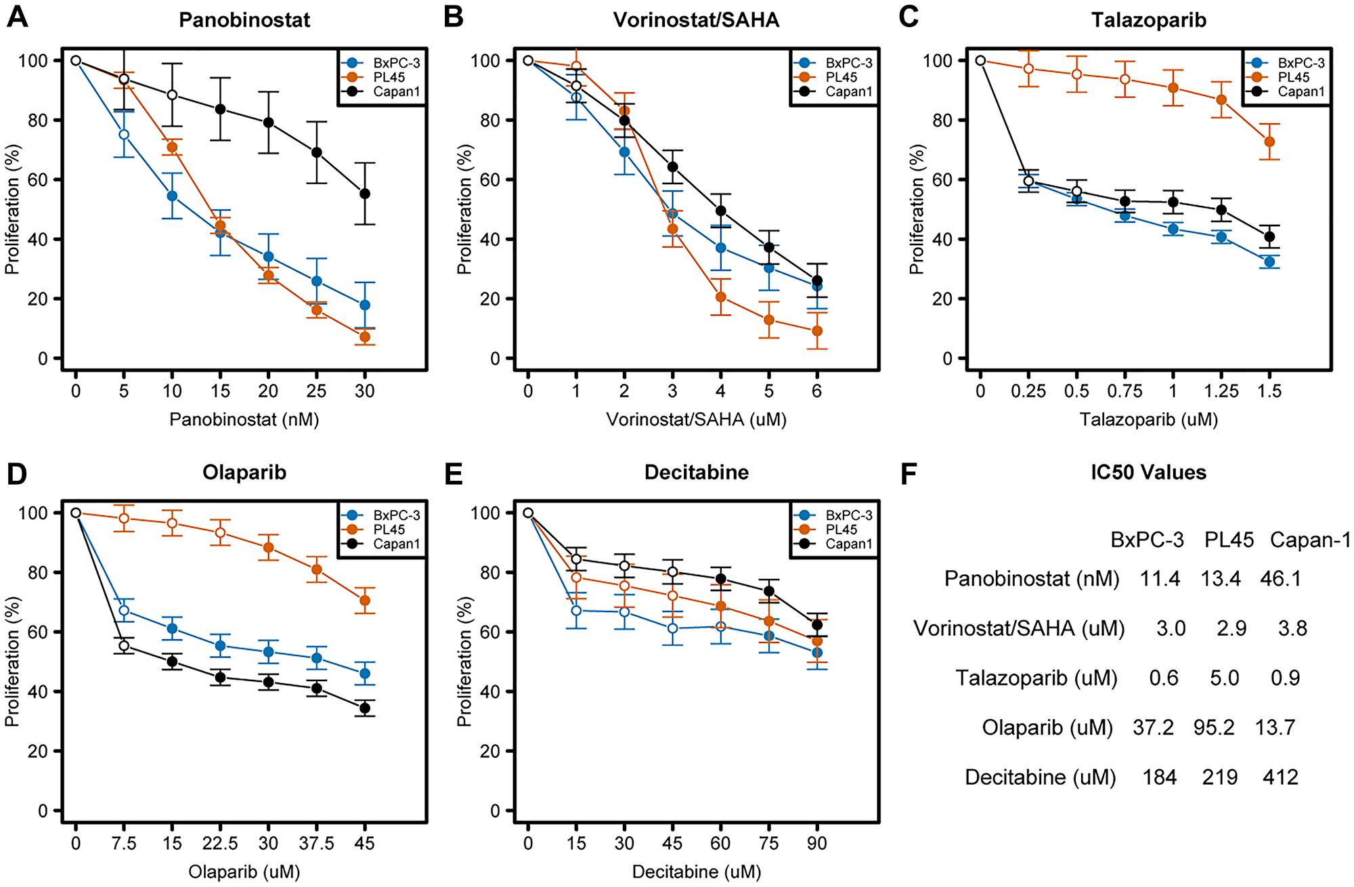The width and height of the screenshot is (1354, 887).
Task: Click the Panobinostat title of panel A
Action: (244, 20)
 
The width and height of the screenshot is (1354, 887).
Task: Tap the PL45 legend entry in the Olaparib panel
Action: (389, 529)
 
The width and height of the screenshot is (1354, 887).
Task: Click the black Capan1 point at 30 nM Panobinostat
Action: (365, 194)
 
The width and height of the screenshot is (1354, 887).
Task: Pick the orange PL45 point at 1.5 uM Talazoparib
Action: (1269, 142)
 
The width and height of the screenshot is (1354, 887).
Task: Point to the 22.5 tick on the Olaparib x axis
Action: (220, 843)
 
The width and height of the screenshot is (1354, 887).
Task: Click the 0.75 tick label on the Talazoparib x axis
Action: (1124, 391)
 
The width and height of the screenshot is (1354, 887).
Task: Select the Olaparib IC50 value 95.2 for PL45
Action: (1214, 728)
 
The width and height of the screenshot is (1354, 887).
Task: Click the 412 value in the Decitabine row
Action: (1280, 777)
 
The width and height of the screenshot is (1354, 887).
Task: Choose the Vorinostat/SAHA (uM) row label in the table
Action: (1019, 628)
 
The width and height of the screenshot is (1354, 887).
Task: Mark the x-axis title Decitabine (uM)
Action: (696, 871)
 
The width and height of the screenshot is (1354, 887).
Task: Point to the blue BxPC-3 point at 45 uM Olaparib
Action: (365, 674)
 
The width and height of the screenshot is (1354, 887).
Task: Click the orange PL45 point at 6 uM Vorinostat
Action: (817, 331)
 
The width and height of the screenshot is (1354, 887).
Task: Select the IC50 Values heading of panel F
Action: (1148, 473)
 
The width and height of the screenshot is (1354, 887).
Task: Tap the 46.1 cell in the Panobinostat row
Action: (1280, 579)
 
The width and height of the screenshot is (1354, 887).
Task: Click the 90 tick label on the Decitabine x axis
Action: (817, 843)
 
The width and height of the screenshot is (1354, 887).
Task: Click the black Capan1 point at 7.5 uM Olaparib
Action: (124, 646)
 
